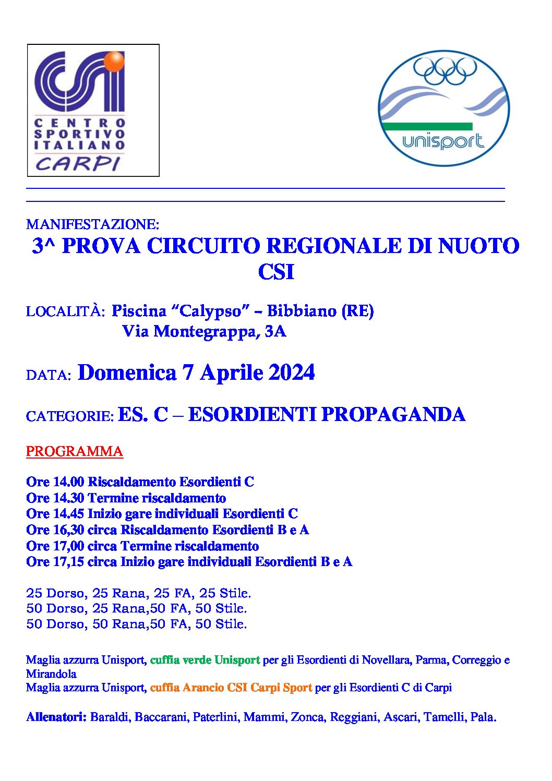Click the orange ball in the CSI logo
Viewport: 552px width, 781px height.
coord(114,62)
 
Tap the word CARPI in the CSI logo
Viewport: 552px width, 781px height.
coord(78,164)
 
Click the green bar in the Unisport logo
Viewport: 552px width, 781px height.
coord(427,126)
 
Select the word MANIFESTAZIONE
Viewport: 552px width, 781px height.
coord(92,224)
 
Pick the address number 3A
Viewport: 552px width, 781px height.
coord(275,331)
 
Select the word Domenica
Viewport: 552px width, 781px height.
coord(127,373)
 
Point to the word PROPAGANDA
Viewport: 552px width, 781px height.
coord(393,415)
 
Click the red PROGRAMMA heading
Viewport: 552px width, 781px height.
coord(75,451)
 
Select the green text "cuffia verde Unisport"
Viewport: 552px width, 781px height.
coord(205,660)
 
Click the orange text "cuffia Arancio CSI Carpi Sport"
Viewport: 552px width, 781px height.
coord(231,688)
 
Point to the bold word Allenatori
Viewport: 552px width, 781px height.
coord(56,717)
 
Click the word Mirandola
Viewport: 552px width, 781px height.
coord(51,674)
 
